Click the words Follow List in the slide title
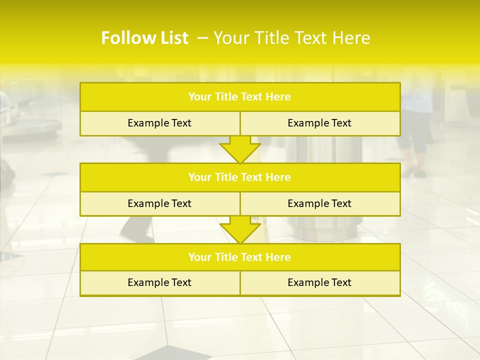click(x=144, y=38)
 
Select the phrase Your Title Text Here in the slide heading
click(x=292, y=38)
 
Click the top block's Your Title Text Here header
click(x=240, y=97)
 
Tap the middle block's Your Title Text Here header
click(x=240, y=177)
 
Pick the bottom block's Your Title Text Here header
click(x=240, y=257)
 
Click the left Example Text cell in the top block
click(x=159, y=123)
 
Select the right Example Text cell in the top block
click(x=319, y=123)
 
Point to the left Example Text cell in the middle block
click(x=159, y=203)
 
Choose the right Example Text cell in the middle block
click(x=319, y=203)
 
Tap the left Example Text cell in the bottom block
click(x=159, y=282)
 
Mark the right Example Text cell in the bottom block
click(x=319, y=282)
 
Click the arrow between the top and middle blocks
click(x=240, y=149)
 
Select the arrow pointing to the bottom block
click(x=240, y=229)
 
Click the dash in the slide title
click(x=203, y=38)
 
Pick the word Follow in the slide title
click(x=125, y=38)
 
